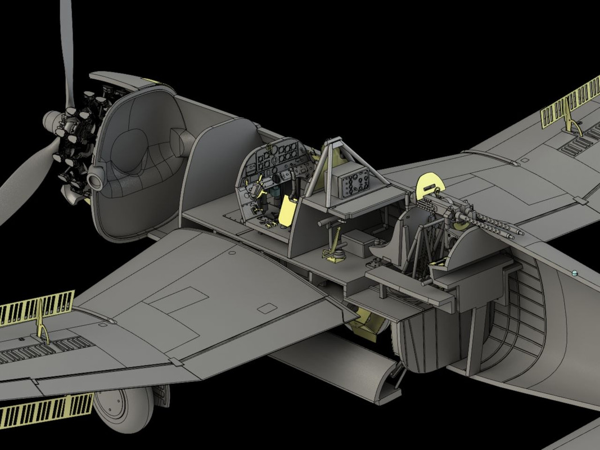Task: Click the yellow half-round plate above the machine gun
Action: (x=430, y=183)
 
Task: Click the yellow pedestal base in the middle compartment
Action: (x=335, y=256)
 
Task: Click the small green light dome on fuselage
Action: (x=574, y=273)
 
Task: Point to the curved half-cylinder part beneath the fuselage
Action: (x=337, y=366)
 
